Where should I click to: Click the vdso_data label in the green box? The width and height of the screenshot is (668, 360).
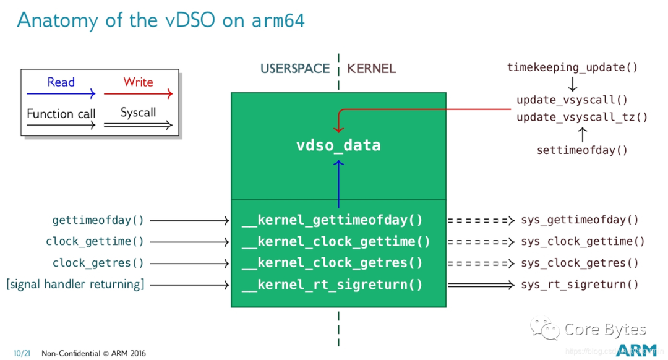[338, 145]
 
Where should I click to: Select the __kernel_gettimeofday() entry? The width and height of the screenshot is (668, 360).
[332, 220]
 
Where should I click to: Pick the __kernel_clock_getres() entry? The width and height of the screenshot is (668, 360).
[332, 263]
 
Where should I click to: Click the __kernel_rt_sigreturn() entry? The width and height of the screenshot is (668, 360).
[332, 285]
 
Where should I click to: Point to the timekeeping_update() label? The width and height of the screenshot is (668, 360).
[572, 67]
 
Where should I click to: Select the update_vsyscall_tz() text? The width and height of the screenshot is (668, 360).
[582, 117]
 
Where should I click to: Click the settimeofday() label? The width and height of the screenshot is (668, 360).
[582, 150]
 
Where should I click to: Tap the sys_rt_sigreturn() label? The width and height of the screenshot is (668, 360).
[580, 285]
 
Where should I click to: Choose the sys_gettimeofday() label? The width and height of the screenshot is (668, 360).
[580, 220]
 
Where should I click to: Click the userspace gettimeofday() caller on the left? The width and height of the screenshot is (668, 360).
[98, 220]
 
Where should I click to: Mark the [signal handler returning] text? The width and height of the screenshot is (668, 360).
[75, 285]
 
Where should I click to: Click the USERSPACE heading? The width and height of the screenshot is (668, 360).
[295, 69]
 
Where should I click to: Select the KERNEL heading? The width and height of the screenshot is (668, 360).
[371, 69]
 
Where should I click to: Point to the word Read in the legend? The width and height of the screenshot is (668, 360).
[61, 82]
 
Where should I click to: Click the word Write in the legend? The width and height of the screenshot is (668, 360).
[138, 82]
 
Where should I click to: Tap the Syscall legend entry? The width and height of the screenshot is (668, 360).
[138, 113]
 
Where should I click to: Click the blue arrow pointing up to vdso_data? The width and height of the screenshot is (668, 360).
[338, 182]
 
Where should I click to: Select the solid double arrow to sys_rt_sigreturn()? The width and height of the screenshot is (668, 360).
[481, 285]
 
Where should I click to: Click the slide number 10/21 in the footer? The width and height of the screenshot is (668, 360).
[22, 353]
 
